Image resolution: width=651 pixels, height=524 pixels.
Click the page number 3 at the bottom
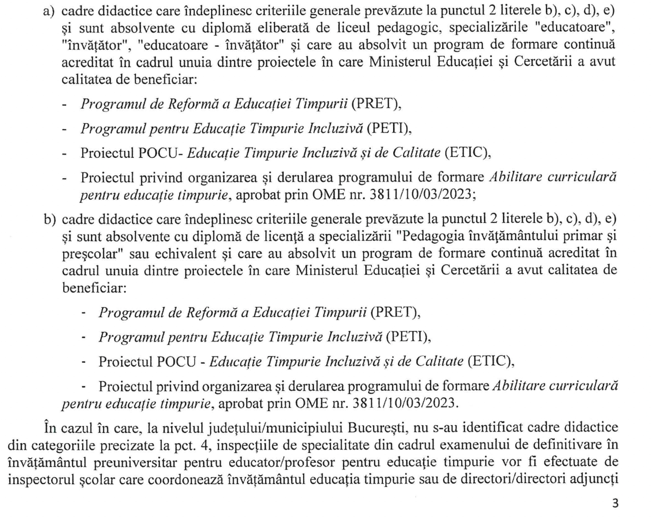click(x=615, y=503)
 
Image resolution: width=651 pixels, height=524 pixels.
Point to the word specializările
click(x=488, y=28)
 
